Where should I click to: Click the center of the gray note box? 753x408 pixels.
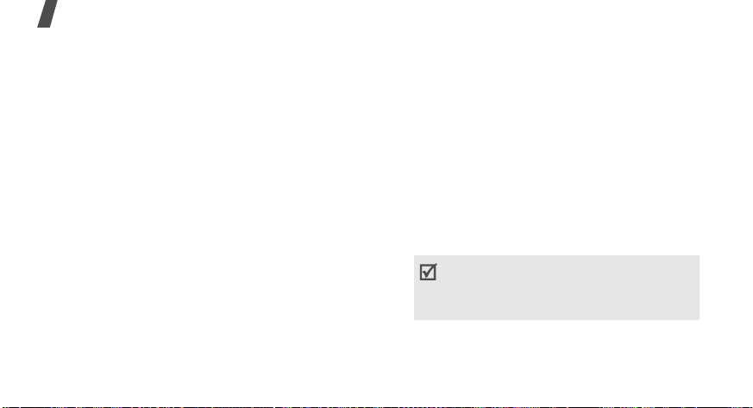(x=556, y=287)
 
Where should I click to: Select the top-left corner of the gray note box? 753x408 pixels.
(x=414, y=255)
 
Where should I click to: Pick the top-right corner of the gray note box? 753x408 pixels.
(x=699, y=255)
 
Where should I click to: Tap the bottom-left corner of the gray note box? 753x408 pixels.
(x=414, y=320)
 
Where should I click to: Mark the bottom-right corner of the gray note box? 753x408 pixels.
(x=699, y=320)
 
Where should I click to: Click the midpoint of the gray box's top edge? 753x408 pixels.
(x=556, y=255)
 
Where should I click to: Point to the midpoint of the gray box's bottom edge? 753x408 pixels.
(x=556, y=320)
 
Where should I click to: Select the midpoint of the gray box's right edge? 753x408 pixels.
(x=699, y=287)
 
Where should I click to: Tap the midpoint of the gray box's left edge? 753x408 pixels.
(x=414, y=287)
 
